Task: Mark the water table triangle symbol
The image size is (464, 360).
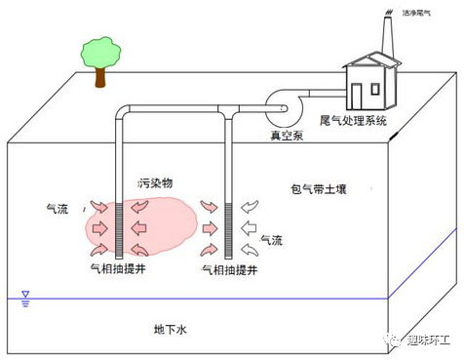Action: click(25, 294)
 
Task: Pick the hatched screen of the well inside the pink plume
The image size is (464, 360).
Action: click(123, 230)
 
